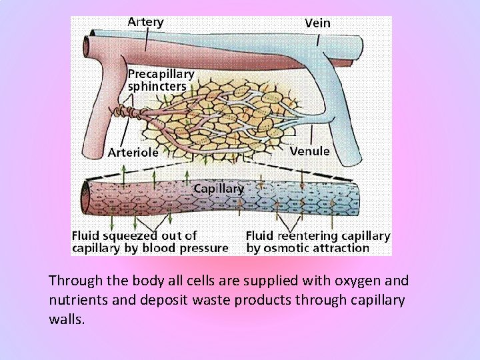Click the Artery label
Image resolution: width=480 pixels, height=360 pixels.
[x=145, y=21]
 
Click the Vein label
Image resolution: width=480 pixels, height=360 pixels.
[x=317, y=23]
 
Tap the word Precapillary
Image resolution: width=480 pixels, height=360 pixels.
[x=161, y=74]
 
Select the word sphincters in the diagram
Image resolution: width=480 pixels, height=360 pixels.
[x=157, y=86]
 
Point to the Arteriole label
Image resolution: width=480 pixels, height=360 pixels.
[x=133, y=152]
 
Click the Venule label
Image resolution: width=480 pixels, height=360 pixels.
[x=309, y=151]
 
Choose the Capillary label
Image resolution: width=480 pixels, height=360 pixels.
[x=218, y=189]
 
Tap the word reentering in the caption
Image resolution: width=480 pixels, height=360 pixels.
[x=305, y=235]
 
